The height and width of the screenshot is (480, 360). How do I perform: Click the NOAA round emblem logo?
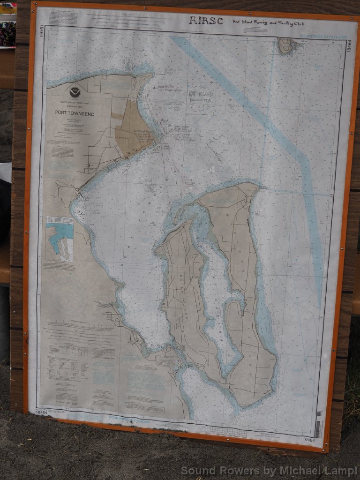(75, 92)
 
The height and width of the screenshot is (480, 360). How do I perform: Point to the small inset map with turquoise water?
(60, 239)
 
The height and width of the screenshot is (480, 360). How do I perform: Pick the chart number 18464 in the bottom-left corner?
(41, 412)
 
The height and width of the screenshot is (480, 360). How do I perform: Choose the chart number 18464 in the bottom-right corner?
(308, 439)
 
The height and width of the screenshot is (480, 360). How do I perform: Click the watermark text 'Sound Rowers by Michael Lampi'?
(269, 470)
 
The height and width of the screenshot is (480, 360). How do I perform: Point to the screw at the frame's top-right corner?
(352, 19)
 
